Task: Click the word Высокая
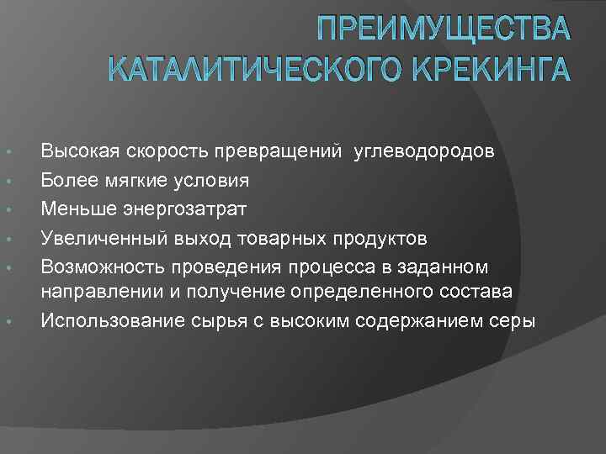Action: tap(77, 151)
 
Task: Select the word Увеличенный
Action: tap(96, 238)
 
